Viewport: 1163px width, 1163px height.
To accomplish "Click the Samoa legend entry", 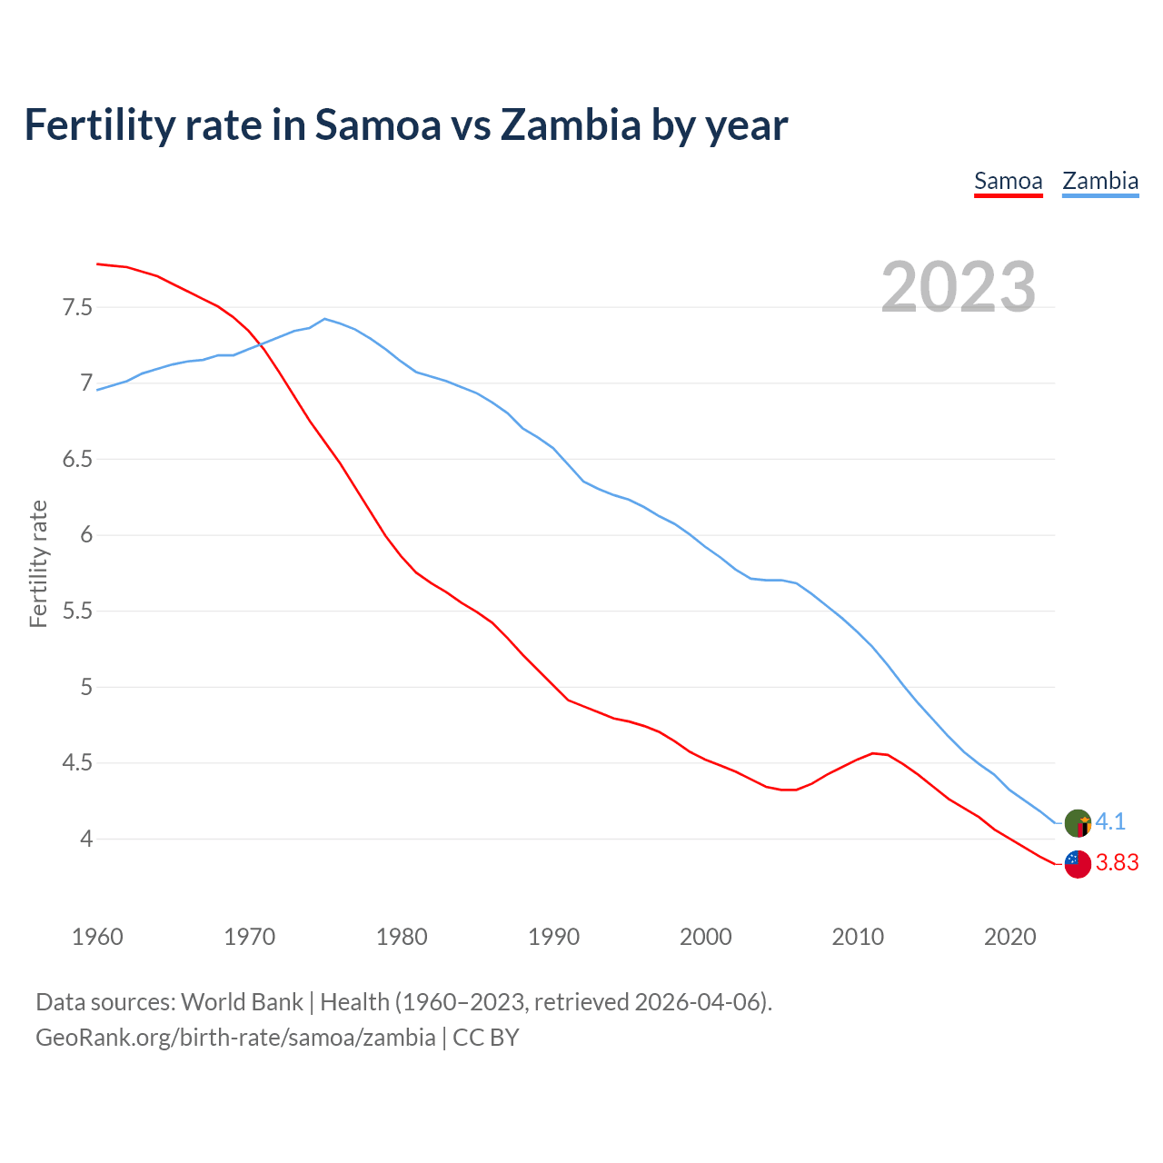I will click(1008, 181).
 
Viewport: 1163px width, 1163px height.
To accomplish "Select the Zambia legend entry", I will click(1100, 181).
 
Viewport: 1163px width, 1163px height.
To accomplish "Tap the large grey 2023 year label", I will click(959, 287).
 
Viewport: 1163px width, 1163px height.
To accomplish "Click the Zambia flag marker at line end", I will click(1078, 823).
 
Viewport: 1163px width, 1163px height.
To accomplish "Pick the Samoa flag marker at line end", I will click(1078, 864).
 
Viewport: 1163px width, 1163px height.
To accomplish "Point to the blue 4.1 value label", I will click(1110, 821).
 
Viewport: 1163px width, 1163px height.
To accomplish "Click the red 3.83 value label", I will click(1117, 862).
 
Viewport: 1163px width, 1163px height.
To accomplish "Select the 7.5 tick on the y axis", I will click(77, 307).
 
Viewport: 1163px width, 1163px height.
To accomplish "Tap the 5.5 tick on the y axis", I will click(77, 611).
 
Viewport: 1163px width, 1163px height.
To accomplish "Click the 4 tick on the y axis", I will click(86, 839).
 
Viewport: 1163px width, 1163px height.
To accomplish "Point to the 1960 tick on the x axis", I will click(97, 937).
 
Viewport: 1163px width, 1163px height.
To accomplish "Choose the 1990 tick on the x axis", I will click(553, 937).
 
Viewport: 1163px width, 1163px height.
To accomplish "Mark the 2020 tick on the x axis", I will click(1009, 937).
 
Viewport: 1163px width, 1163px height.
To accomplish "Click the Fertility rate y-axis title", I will click(38, 563).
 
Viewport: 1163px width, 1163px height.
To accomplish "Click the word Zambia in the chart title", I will click(571, 124).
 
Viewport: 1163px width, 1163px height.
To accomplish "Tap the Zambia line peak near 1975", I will click(325, 319).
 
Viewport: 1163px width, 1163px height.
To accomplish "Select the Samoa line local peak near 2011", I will click(873, 753).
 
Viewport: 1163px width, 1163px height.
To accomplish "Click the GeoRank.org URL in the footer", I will click(235, 1038).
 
